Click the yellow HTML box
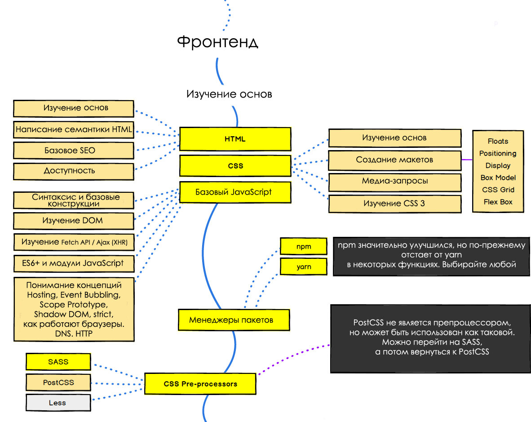tap(235, 139)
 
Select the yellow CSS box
tap(235, 166)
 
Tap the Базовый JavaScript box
tap(235, 192)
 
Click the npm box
tap(303, 246)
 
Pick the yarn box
tap(303, 267)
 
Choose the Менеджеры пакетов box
tap(234, 320)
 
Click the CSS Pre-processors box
tap(200, 384)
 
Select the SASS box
tap(58, 362)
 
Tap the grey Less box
tap(58, 403)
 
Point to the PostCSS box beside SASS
tap(58, 382)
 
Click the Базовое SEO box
tap(74, 151)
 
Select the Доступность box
tap(74, 171)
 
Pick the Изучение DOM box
tap(74, 221)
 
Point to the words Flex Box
tap(498, 202)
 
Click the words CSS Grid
tap(498, 190)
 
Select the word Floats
tap(498, 141)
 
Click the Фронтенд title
tap(217, 42)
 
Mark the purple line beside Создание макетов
tap(467, 160)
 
